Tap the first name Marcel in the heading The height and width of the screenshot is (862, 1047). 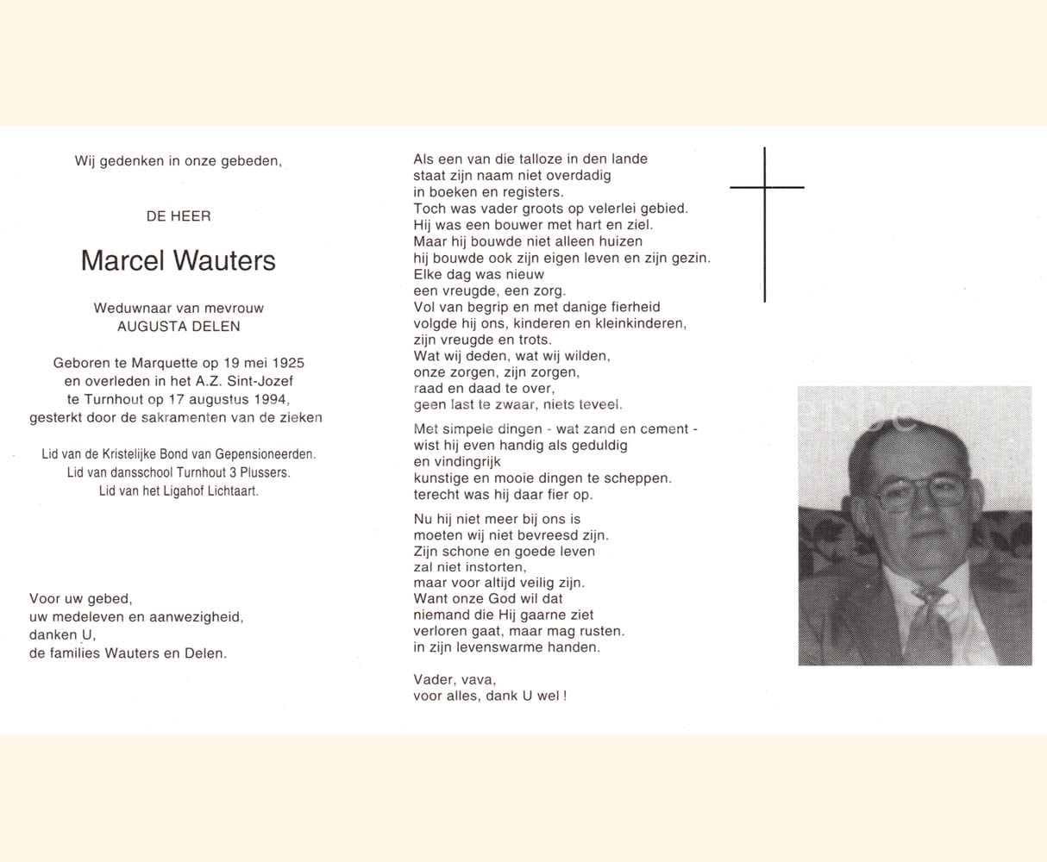pos(122,260)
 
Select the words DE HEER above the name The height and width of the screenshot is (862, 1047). pos(179,216)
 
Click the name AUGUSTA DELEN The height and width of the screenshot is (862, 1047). pos(179,326)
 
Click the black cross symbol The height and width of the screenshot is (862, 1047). pos(765,188)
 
